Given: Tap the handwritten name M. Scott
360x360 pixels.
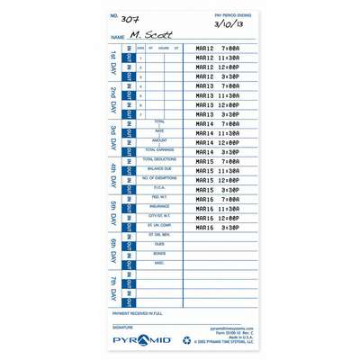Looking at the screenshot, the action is tap(144, 35).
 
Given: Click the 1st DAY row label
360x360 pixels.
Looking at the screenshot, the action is tap(112, 62).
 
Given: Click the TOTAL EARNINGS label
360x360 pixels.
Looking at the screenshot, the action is tap(159, 148).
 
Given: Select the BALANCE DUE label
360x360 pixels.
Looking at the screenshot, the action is tap(159, 168).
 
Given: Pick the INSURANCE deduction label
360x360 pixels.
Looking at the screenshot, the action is tap(159, 205).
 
